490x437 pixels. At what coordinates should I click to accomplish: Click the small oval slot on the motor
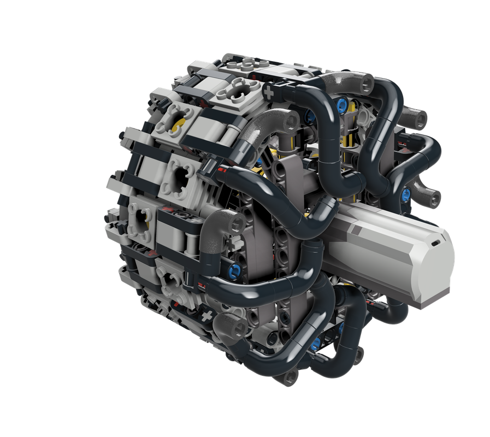435,240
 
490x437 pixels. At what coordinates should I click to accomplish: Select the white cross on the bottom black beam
206,316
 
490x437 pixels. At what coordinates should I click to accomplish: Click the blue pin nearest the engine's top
342,103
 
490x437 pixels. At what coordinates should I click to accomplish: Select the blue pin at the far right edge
406,193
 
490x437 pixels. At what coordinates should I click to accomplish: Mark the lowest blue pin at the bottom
315,344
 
